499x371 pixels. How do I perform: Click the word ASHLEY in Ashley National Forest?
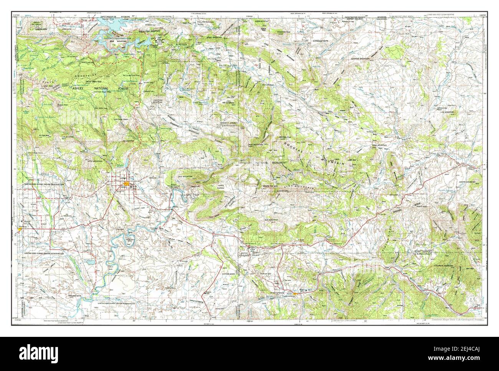[80, 88]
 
